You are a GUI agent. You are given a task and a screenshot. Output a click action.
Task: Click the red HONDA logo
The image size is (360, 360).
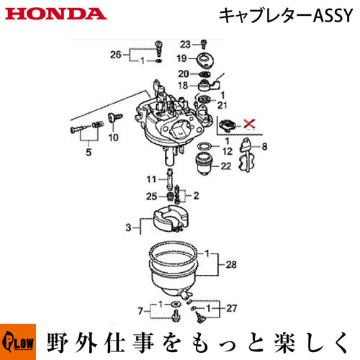click(x=56, y=14)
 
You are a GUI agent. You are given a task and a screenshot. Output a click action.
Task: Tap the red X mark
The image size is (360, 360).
click(x=249, y=124)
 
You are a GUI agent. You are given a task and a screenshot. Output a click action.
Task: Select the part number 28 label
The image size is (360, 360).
click(x=231, y=264)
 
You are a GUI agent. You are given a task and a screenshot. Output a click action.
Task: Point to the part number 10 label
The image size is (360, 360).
click(x=113, y=138)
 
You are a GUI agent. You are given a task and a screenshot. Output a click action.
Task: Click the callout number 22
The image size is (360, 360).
click(x=225, y=166)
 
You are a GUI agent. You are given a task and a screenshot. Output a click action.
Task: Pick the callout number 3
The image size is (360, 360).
click(x=128, y=228)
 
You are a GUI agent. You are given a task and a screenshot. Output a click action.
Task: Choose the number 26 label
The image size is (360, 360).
click(x=116, y=55)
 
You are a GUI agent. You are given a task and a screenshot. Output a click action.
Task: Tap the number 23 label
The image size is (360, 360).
click(x=185, y=45)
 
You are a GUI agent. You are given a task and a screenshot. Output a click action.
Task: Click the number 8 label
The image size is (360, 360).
click(x=264, y=146)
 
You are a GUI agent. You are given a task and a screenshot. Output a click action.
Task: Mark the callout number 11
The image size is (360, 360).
click(x=151, y=179)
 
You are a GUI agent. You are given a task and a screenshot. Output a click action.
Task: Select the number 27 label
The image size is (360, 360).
click(x=231, y=308)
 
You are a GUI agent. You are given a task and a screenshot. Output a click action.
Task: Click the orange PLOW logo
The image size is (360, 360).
click(x=18, y=342)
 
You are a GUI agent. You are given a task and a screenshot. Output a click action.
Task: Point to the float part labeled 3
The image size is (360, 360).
click(x=170, y=219)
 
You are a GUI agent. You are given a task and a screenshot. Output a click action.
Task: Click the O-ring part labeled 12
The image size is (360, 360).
click(x=204, y=145)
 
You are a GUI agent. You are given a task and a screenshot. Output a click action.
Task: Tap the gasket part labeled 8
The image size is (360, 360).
click(x=247, y=155)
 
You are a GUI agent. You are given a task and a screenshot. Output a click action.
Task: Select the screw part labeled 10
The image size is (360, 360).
click(x=115, y=117)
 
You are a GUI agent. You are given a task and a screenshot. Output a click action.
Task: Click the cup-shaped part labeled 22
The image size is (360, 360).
click(x=204, y=163)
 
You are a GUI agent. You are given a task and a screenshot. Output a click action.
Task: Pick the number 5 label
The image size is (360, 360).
click(x=89, y=152)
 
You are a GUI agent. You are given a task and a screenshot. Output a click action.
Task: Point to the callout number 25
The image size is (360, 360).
click(x=151, y=197)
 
